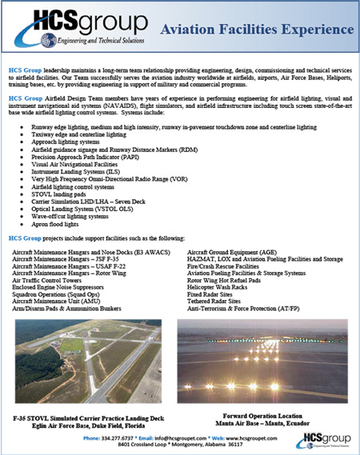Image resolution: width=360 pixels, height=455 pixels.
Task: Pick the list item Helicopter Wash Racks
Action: (223, 289)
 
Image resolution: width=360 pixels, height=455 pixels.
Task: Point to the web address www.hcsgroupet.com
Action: (259, 438)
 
